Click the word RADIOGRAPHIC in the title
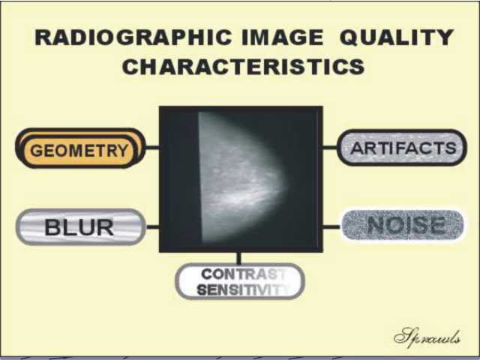point(133,37)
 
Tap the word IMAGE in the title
point(282,37)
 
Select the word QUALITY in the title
point(397,37)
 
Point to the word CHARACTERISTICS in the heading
point(243,67)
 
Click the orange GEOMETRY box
point(80,148)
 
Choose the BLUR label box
point(80,227)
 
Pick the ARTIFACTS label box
point(402,148)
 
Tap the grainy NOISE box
point(403,225)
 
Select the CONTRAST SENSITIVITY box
point(240,281)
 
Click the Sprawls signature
point(427,337)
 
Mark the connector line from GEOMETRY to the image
point(152,148)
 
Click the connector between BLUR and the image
point(152,226)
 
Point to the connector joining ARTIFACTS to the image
point(330,148)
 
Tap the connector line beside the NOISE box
point(331,226)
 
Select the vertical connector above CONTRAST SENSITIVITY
point(239,258)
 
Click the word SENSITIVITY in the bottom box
point(243,289)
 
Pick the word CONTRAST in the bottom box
point(243,274)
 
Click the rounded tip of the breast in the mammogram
point(287,184)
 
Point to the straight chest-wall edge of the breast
point(200,178)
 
